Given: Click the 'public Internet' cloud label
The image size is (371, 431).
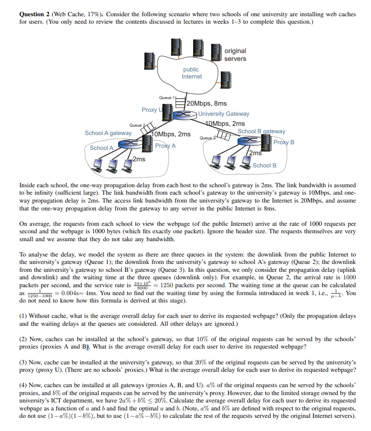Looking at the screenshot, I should (x=191, y=73).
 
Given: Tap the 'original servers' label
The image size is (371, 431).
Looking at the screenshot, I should (x=235, y=55).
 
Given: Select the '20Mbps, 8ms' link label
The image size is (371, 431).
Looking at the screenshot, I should (x=206, y=103).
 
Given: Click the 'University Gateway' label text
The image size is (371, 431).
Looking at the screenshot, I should (x=223, y=114).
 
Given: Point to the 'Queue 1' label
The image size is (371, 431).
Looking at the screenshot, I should (x=167, y=97).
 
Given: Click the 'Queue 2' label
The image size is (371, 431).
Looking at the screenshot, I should (x=137, y=125).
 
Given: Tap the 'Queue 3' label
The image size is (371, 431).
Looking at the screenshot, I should (x=207, y=138).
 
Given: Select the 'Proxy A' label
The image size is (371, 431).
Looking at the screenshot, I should (x=165, y=146).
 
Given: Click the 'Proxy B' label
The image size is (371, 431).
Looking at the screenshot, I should (x=284, y=142).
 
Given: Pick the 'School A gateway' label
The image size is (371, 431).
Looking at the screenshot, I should (x=108, y=133).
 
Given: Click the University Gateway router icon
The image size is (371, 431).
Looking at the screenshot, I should (x=184, y=114).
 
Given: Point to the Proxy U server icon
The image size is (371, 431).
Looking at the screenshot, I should (x=163, y=110).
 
